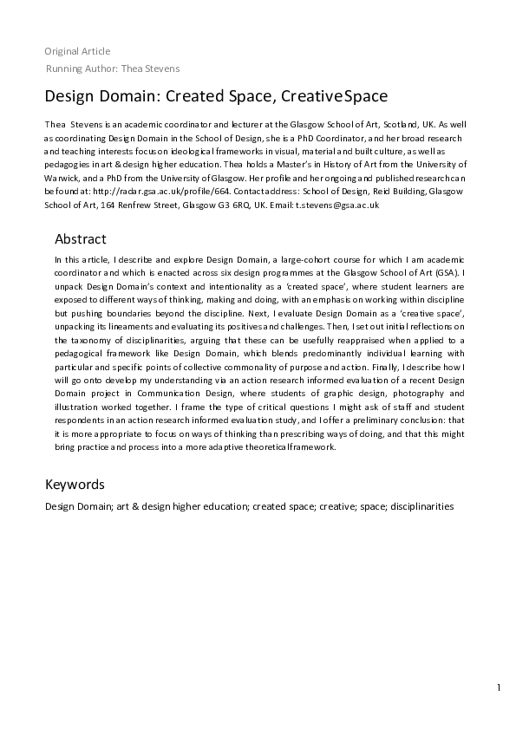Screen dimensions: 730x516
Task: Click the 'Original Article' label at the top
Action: [77, 51]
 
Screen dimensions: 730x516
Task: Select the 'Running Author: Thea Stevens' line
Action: [113, 68]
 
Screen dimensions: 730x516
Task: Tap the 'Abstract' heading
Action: [81, 238]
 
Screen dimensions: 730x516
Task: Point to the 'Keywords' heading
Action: [75, 484]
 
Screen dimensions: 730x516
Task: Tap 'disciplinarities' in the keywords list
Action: [421, 505]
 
